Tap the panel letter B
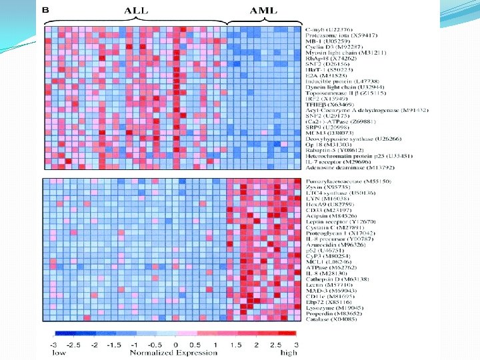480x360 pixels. [46, 10]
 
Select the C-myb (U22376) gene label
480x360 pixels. [331, 30]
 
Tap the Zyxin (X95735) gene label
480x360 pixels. [327, 187]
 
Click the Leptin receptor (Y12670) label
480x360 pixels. [337, 221]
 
